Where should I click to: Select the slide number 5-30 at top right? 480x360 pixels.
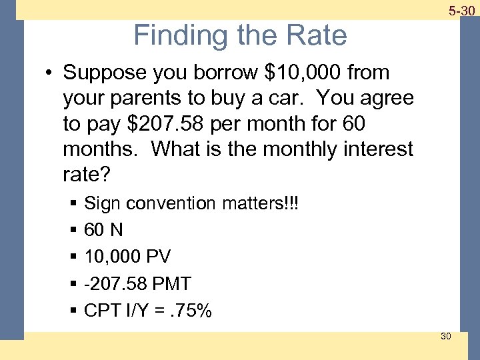pyautogui.click(x=461, y=11)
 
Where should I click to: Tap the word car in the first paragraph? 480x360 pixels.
pyautogui.click(x=290, y=98)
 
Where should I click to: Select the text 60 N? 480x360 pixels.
pyautogui.click(x=103, y=230)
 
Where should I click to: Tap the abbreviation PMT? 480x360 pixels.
pyautogui.click(x=171, y=283)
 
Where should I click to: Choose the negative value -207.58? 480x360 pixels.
pyautogui.click(x=116, y=283)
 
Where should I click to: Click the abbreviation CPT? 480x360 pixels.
pyautogui.click(x=102, y=310)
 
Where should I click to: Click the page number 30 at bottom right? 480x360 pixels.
pyautogui.click(x=445, y=336)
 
